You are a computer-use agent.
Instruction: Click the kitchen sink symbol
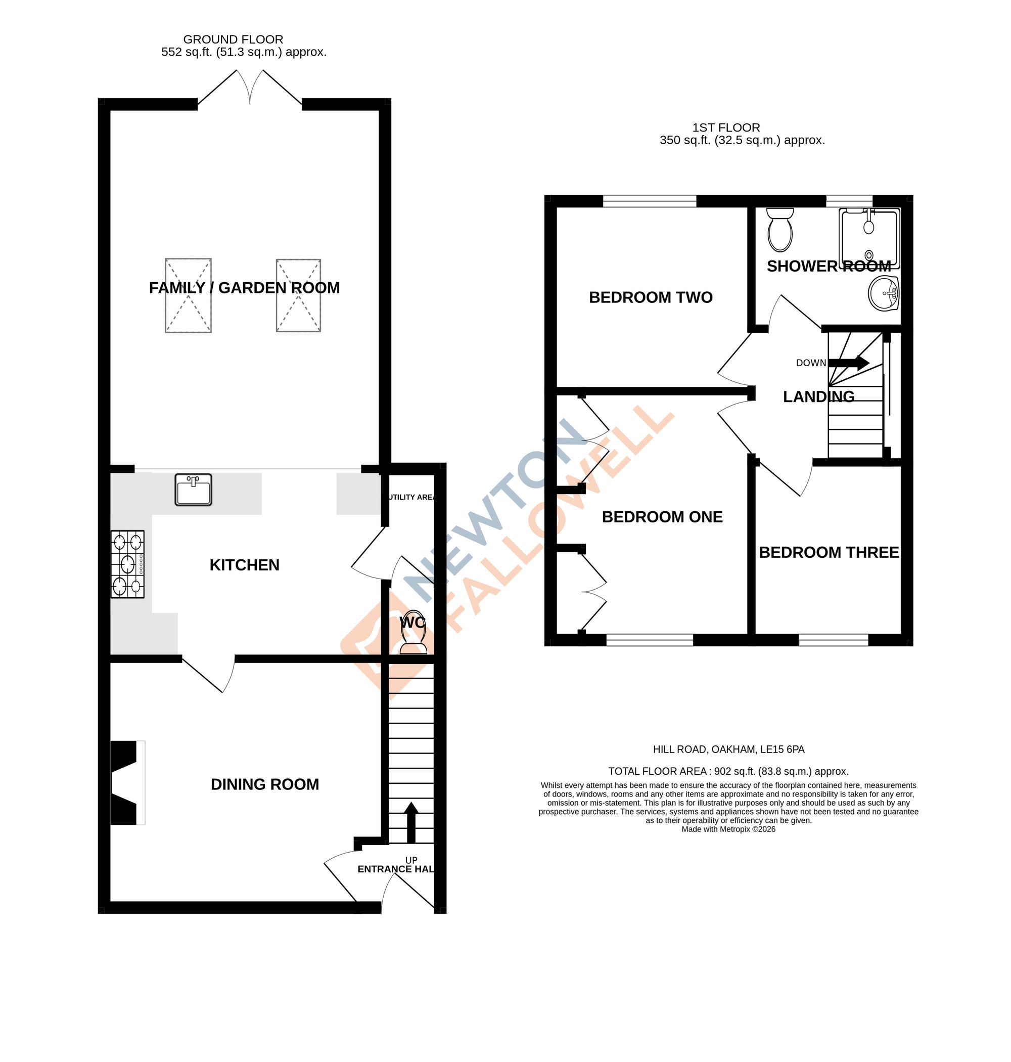pos(193,490)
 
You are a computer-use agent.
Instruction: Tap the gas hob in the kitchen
pos(128,564)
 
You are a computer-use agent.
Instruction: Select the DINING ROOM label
pos(264,784)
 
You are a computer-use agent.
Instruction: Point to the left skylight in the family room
pos(188,295)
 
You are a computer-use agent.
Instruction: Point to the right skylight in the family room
pos(299,295)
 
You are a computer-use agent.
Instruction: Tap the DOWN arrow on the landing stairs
pos(848,363)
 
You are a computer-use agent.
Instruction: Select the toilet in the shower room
pos(780,230)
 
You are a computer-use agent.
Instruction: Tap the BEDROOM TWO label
pos(651,297)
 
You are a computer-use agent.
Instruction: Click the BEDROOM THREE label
pos(829,553)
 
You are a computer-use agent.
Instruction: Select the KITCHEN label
pos(244,565)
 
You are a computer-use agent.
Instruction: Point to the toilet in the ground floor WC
pos(413,636)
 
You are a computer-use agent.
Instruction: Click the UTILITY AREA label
pos(411,497)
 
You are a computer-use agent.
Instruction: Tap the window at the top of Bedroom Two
pos(650,202)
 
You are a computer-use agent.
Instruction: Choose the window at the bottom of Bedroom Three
pos(833,640)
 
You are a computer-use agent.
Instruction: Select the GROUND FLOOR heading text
pos(233,39)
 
